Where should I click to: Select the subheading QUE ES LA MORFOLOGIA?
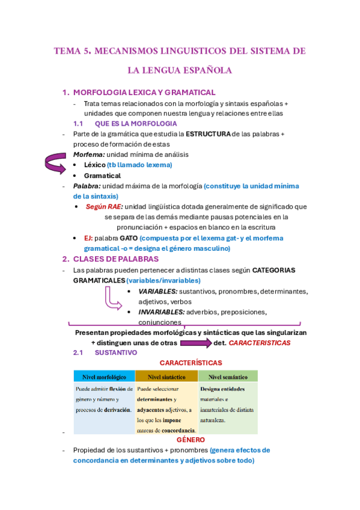tap(127, 123)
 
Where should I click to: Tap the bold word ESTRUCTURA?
tap(208, 134)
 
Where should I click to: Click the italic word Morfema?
tap(85, 155)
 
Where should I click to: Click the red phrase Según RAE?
tap(105, 206)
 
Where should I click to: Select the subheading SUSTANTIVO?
tap(116, 352)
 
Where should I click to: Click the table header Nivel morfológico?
tap(104, 376)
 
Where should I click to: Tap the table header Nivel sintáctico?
tap(166, 376)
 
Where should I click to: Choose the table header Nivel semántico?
tap(227, 376)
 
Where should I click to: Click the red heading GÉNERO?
tap(191, 440)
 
